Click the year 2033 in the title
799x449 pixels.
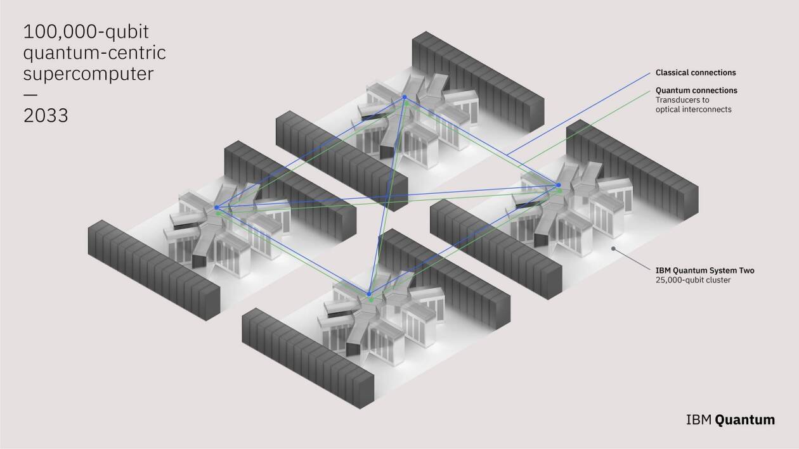46,116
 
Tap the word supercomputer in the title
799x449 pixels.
88,74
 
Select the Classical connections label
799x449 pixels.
696,73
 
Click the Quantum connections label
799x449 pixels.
696,91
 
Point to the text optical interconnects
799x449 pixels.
693,110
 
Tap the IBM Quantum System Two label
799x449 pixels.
705,270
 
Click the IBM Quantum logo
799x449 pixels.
730,419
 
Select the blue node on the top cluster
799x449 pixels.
404,97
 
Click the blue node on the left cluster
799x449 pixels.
217,207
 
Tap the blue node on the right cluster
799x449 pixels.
559,185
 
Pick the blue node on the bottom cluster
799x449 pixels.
368,294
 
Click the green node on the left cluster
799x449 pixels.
219,213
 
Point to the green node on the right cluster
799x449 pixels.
559,191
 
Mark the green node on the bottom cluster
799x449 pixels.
371,300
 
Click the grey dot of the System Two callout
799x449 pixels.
613,249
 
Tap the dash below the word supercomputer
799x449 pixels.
30,95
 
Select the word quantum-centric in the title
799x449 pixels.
94,53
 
